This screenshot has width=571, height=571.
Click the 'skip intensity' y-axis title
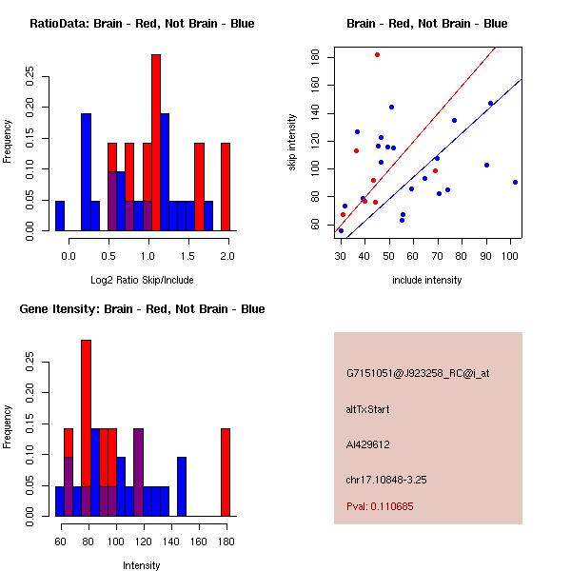292,143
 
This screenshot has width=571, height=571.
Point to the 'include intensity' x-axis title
427,280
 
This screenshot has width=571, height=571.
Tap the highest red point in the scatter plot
377,55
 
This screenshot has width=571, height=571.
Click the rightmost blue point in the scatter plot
515,182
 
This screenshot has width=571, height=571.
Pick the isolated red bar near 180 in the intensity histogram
226,471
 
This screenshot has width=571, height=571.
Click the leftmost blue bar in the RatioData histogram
60,216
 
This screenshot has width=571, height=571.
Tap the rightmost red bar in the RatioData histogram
226,186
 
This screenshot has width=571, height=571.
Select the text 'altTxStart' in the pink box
368,409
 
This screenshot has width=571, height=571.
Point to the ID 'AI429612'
368,444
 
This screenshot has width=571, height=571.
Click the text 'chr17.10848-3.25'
385,480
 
